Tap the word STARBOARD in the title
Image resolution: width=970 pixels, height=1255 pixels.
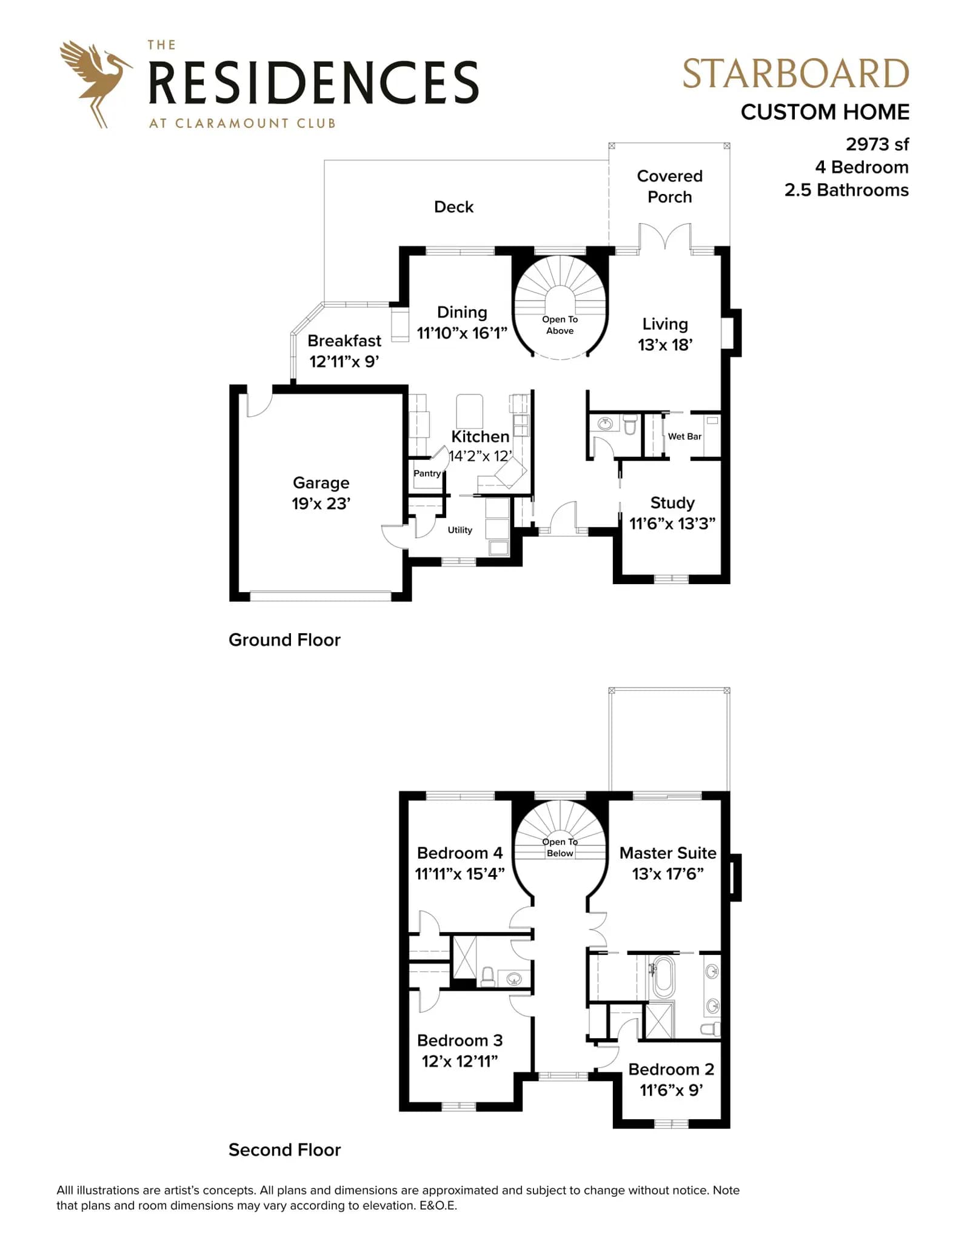coord(795,74)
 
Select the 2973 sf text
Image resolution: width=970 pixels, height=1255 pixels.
coord(877,144)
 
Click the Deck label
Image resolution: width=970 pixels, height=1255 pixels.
coord(453,207)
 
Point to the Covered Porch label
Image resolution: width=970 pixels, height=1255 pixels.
coord(669,186)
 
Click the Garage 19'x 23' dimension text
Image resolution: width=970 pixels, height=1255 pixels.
coord(321,504)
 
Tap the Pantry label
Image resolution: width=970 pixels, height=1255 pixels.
coord(427,473)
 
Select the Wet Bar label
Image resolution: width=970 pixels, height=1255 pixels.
coord(684,436)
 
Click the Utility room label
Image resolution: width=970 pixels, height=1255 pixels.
coord(460,530)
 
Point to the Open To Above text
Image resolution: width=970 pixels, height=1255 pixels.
coord(560,325)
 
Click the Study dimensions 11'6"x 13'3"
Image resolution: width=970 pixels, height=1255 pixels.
coord(672,524)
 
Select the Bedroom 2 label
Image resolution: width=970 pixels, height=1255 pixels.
coord(671,1070)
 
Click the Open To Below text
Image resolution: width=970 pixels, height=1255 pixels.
coord(560,847)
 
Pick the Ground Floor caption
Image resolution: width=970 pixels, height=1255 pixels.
coord(284,640)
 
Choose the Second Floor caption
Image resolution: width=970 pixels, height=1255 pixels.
coord(284,1150)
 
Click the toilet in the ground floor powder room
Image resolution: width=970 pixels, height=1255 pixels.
coord(630,424)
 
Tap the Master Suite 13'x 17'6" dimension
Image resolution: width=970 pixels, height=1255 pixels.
coord(667,874)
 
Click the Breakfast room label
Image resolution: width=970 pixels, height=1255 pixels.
coord(344,341)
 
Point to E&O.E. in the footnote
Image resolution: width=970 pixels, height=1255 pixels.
coord(438,1205)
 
